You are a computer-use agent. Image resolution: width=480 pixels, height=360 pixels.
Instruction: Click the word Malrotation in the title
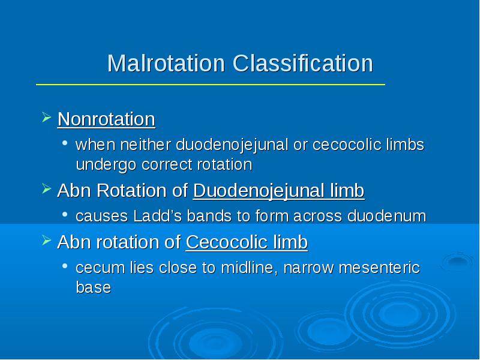[166, 63]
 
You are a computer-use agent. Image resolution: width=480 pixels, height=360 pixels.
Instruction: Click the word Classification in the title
[303, 63]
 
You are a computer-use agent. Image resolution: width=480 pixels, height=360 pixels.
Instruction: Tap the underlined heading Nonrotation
[106, 119]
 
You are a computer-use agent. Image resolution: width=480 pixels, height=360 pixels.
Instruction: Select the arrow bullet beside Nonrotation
[46, 117]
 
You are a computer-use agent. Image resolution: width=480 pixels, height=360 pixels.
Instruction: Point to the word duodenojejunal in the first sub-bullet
[232, 145]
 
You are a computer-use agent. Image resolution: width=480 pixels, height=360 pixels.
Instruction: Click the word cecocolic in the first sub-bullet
[347, 145]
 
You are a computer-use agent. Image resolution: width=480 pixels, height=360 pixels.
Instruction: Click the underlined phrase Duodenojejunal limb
[279, 190]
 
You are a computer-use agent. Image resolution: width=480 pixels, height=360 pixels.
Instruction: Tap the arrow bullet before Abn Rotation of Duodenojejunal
[46, 188]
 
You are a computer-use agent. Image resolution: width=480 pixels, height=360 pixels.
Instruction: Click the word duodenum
[386, 216]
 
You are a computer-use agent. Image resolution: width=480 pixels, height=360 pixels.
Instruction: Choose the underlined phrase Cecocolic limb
[247, 242]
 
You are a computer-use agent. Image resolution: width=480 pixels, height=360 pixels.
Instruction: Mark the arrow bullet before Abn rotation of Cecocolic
[46, 241]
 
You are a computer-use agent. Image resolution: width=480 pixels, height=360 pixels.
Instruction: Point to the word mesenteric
[379, 268]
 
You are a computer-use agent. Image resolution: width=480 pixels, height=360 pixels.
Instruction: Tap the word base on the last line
[94, 287]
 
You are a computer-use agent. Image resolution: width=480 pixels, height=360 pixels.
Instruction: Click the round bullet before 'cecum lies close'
[65, 266]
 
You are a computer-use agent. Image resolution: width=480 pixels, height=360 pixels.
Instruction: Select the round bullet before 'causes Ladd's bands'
[65, 214]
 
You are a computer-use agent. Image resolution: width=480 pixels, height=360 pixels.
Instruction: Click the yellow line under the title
[211, 85]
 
